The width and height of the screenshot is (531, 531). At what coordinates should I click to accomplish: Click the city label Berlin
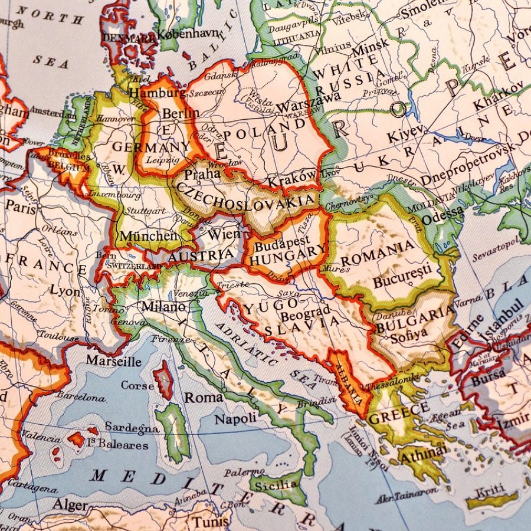181,113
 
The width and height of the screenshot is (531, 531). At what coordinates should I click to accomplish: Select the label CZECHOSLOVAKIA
246,197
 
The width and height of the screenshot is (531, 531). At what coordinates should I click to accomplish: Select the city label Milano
163,307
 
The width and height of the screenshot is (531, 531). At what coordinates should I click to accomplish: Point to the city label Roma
204,397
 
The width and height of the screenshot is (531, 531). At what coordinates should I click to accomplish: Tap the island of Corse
163,381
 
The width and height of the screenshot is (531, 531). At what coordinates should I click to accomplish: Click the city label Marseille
113,360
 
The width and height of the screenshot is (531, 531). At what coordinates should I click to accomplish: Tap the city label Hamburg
149,93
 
